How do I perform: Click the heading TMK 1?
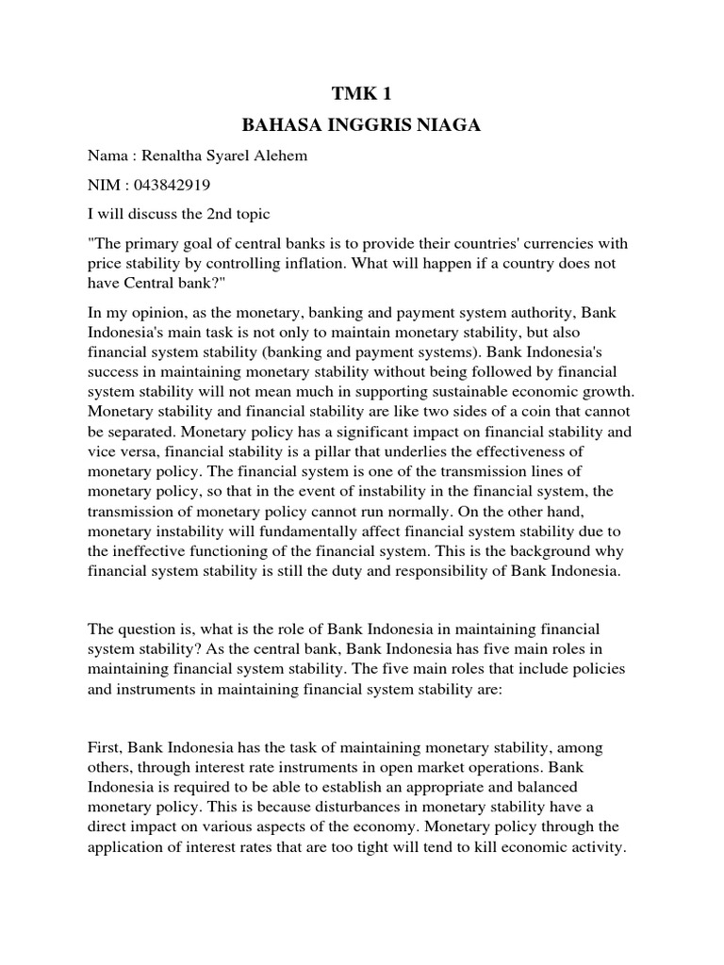pyautogui.click(x=361, y=92)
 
